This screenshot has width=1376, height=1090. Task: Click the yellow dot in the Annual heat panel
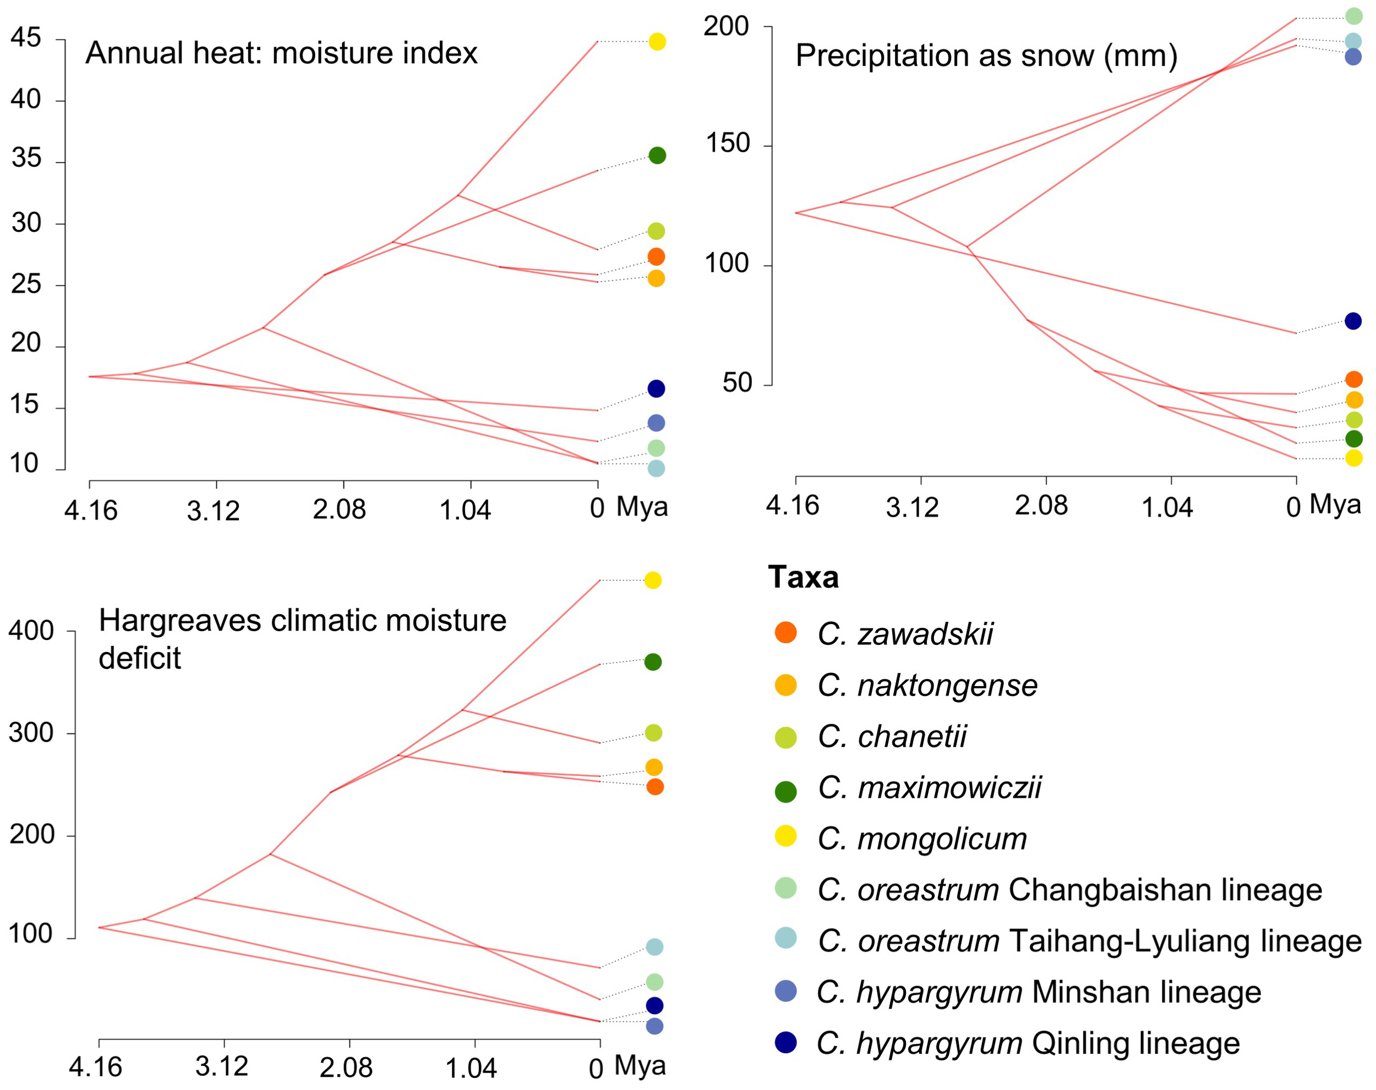pos(657,42)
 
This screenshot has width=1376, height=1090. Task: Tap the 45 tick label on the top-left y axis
pos(25,39)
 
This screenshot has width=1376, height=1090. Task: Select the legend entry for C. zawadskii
pos(904,634)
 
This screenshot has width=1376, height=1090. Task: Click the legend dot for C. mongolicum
pos(785,835)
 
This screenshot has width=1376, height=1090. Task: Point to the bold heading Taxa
pos(803,577)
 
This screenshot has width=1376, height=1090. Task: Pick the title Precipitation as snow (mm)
pos(986,56)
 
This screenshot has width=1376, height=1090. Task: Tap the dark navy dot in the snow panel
pos(1352,321)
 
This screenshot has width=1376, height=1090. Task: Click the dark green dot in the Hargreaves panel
pos(652,662)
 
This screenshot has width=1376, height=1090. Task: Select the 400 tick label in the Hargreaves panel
pos(31,631)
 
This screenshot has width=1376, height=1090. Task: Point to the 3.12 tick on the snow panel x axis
pos(912,507)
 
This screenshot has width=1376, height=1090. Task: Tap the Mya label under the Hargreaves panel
pos(640,1065)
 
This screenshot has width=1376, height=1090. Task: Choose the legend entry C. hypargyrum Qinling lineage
pos(1028,1043)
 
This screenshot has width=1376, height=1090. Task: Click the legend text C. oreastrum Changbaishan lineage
pos(1069,890)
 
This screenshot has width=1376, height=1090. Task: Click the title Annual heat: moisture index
pos(281,53)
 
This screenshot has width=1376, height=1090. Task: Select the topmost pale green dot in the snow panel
pos(1353,16)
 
